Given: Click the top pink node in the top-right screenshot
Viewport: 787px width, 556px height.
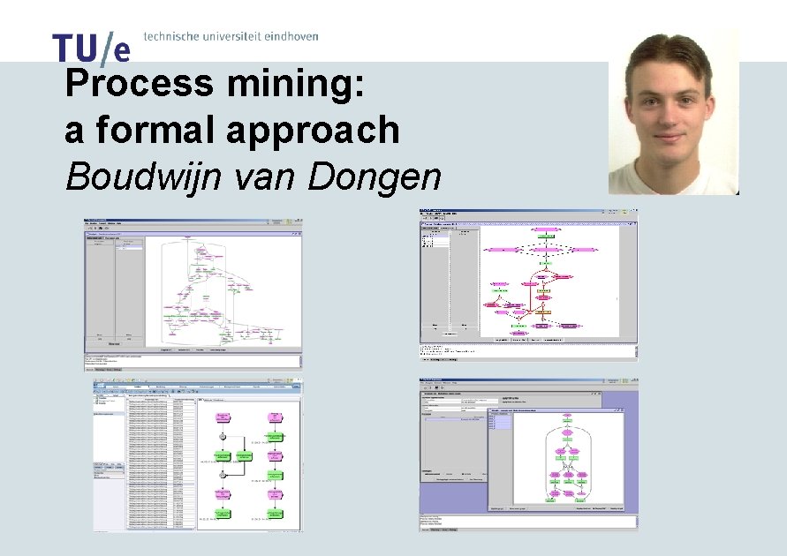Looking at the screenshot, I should [547, 227].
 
